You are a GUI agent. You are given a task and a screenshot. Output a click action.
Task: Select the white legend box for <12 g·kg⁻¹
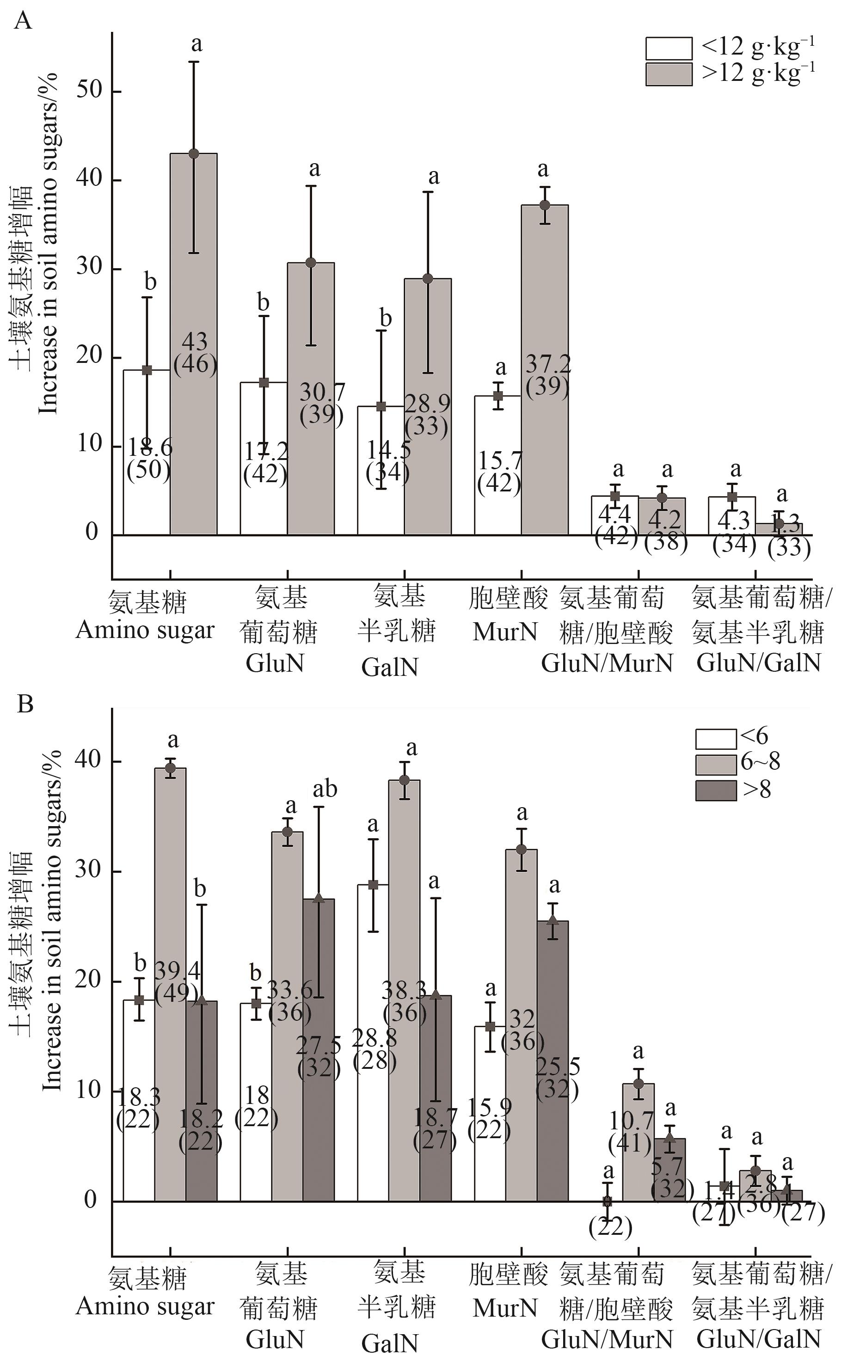pos(669,49)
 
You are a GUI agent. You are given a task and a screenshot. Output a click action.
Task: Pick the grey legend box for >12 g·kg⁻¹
pos(669,74)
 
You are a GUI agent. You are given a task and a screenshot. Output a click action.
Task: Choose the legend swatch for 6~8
pos(716,764)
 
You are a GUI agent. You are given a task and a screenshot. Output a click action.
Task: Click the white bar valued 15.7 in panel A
pos(497,434)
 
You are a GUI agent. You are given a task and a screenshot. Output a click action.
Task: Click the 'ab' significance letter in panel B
pos(325,789)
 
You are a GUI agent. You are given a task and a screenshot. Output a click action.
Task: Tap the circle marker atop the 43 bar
pos(194,154)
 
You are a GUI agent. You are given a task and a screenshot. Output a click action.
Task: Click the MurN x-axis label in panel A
pos(505,632)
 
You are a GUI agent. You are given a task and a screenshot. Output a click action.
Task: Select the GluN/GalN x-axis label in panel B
pos(759,1304)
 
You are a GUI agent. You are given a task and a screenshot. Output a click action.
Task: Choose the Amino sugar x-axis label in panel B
pos(145,1306)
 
